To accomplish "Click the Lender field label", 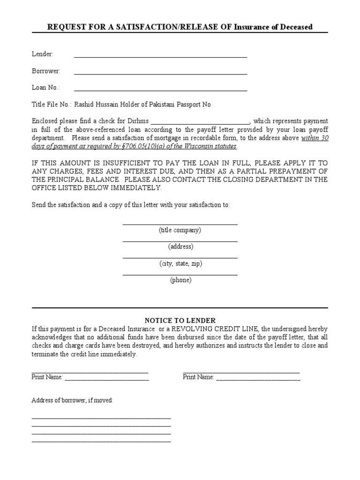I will (x=42, y=54).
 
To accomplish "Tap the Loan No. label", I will (x=45, y=88).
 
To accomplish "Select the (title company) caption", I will (x=180, y=230).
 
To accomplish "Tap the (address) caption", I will (x=180, y=247).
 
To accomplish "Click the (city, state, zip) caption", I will (x=180, y=263).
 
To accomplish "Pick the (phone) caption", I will (x=180, y=280).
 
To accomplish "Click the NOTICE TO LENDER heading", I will (x=180, y=321).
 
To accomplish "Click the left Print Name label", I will (x=47, y=377).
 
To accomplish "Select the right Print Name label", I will (x=198, y=377).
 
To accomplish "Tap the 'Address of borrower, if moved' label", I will (x=72, y=401).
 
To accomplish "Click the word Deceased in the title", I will (x=294, y=27).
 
